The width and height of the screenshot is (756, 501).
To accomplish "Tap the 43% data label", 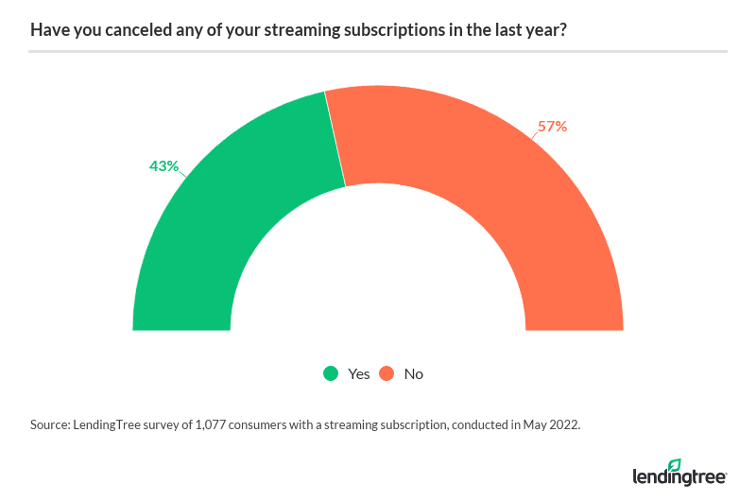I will coord(163,165).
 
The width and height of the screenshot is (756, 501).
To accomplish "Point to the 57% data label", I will coord(552,126).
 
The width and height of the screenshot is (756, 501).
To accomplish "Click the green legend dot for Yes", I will coord(331,373).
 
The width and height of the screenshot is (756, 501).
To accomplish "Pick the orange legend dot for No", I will coord(387,373).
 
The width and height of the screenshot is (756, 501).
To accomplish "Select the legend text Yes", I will coord(358,373).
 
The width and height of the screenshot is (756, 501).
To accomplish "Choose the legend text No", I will coord(413,373).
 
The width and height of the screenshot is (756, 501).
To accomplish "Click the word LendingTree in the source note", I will coord(115,425).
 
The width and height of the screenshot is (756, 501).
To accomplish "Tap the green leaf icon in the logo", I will coord(674,465).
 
